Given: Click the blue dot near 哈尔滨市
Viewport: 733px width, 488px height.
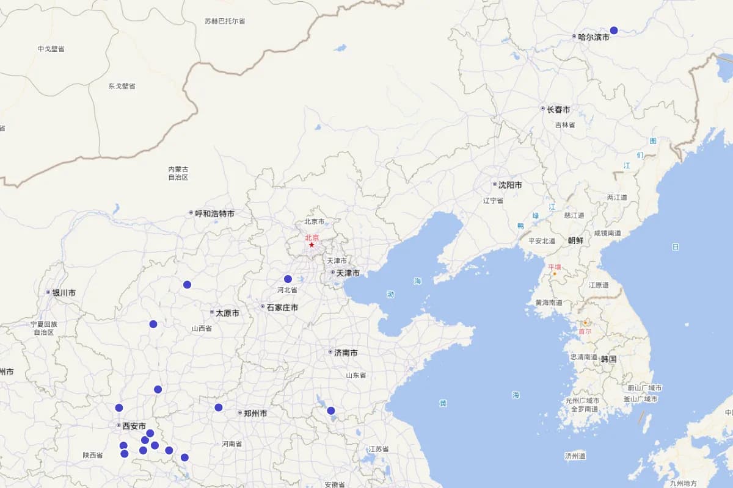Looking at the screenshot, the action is pos(614,30).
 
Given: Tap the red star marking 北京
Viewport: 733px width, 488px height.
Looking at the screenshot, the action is pos(312,245).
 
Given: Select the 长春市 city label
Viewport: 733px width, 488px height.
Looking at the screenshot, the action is pos(558,109).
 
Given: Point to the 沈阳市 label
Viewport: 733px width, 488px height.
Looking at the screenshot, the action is pos(510,184).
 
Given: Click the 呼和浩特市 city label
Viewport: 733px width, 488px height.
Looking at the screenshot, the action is pos(214,213).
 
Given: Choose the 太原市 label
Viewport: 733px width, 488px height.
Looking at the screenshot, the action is pos(227,313).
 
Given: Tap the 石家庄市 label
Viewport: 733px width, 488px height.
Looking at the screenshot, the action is pos(282,307).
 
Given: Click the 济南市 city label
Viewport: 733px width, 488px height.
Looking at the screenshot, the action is pos(346,353).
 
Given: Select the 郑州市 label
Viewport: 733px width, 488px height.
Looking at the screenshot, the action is pos(255,413).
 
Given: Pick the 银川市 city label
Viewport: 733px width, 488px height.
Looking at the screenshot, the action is pos(64,293).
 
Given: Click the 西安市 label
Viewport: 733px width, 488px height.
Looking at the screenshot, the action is pos(134,426).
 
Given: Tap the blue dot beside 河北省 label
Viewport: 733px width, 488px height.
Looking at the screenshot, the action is pos(288,279).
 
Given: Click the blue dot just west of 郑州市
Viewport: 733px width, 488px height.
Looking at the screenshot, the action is pos(218,407).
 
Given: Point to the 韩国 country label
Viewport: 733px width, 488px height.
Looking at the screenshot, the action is pos(608,359).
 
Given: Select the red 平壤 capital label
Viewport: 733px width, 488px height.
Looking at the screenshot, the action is pos(554,267).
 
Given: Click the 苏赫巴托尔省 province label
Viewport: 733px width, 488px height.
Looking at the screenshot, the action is pos(225,21).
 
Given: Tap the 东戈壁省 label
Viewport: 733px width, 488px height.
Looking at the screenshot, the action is pos(122,86).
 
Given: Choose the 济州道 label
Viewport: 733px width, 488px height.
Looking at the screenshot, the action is pos(575,455).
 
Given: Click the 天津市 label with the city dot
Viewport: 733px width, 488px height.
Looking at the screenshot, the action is pos(348,273).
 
